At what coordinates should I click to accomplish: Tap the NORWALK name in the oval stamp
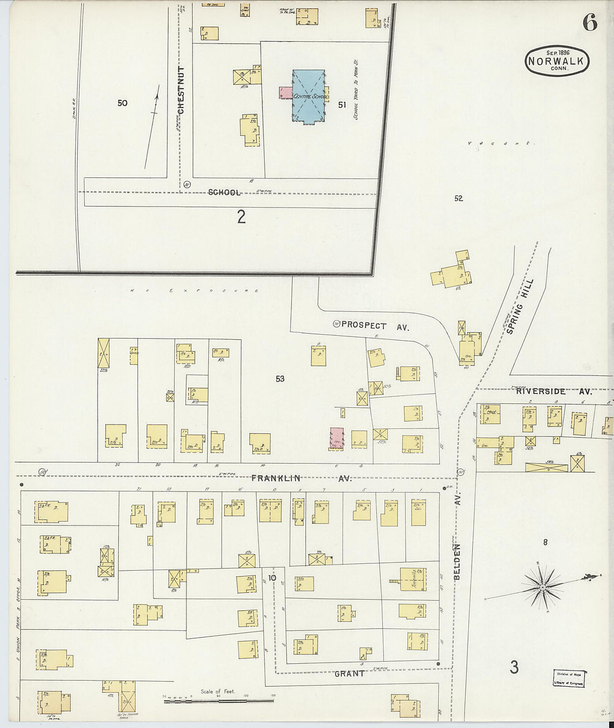click(x=557, y=61)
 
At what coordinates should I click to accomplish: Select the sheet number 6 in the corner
click(x=589, y=22)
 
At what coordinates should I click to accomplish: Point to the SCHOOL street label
click(x=224, y=192)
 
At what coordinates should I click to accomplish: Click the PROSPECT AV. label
click(x=375, y=325)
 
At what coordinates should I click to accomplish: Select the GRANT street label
click(x=349, y=673)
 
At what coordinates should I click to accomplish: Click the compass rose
click(x=543, y=587)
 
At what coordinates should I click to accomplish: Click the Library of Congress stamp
click(x=569, y=678)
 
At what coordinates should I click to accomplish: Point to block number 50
click(x=123, y=103)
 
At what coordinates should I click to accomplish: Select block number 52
click(x=459, y=198)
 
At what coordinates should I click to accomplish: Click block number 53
click(x=280, y=379)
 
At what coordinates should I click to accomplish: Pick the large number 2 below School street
click(x=241, y=216)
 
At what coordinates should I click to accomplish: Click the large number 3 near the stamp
click(x=514, y=666)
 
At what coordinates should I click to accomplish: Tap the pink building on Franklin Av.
click(x=336, y=438)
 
